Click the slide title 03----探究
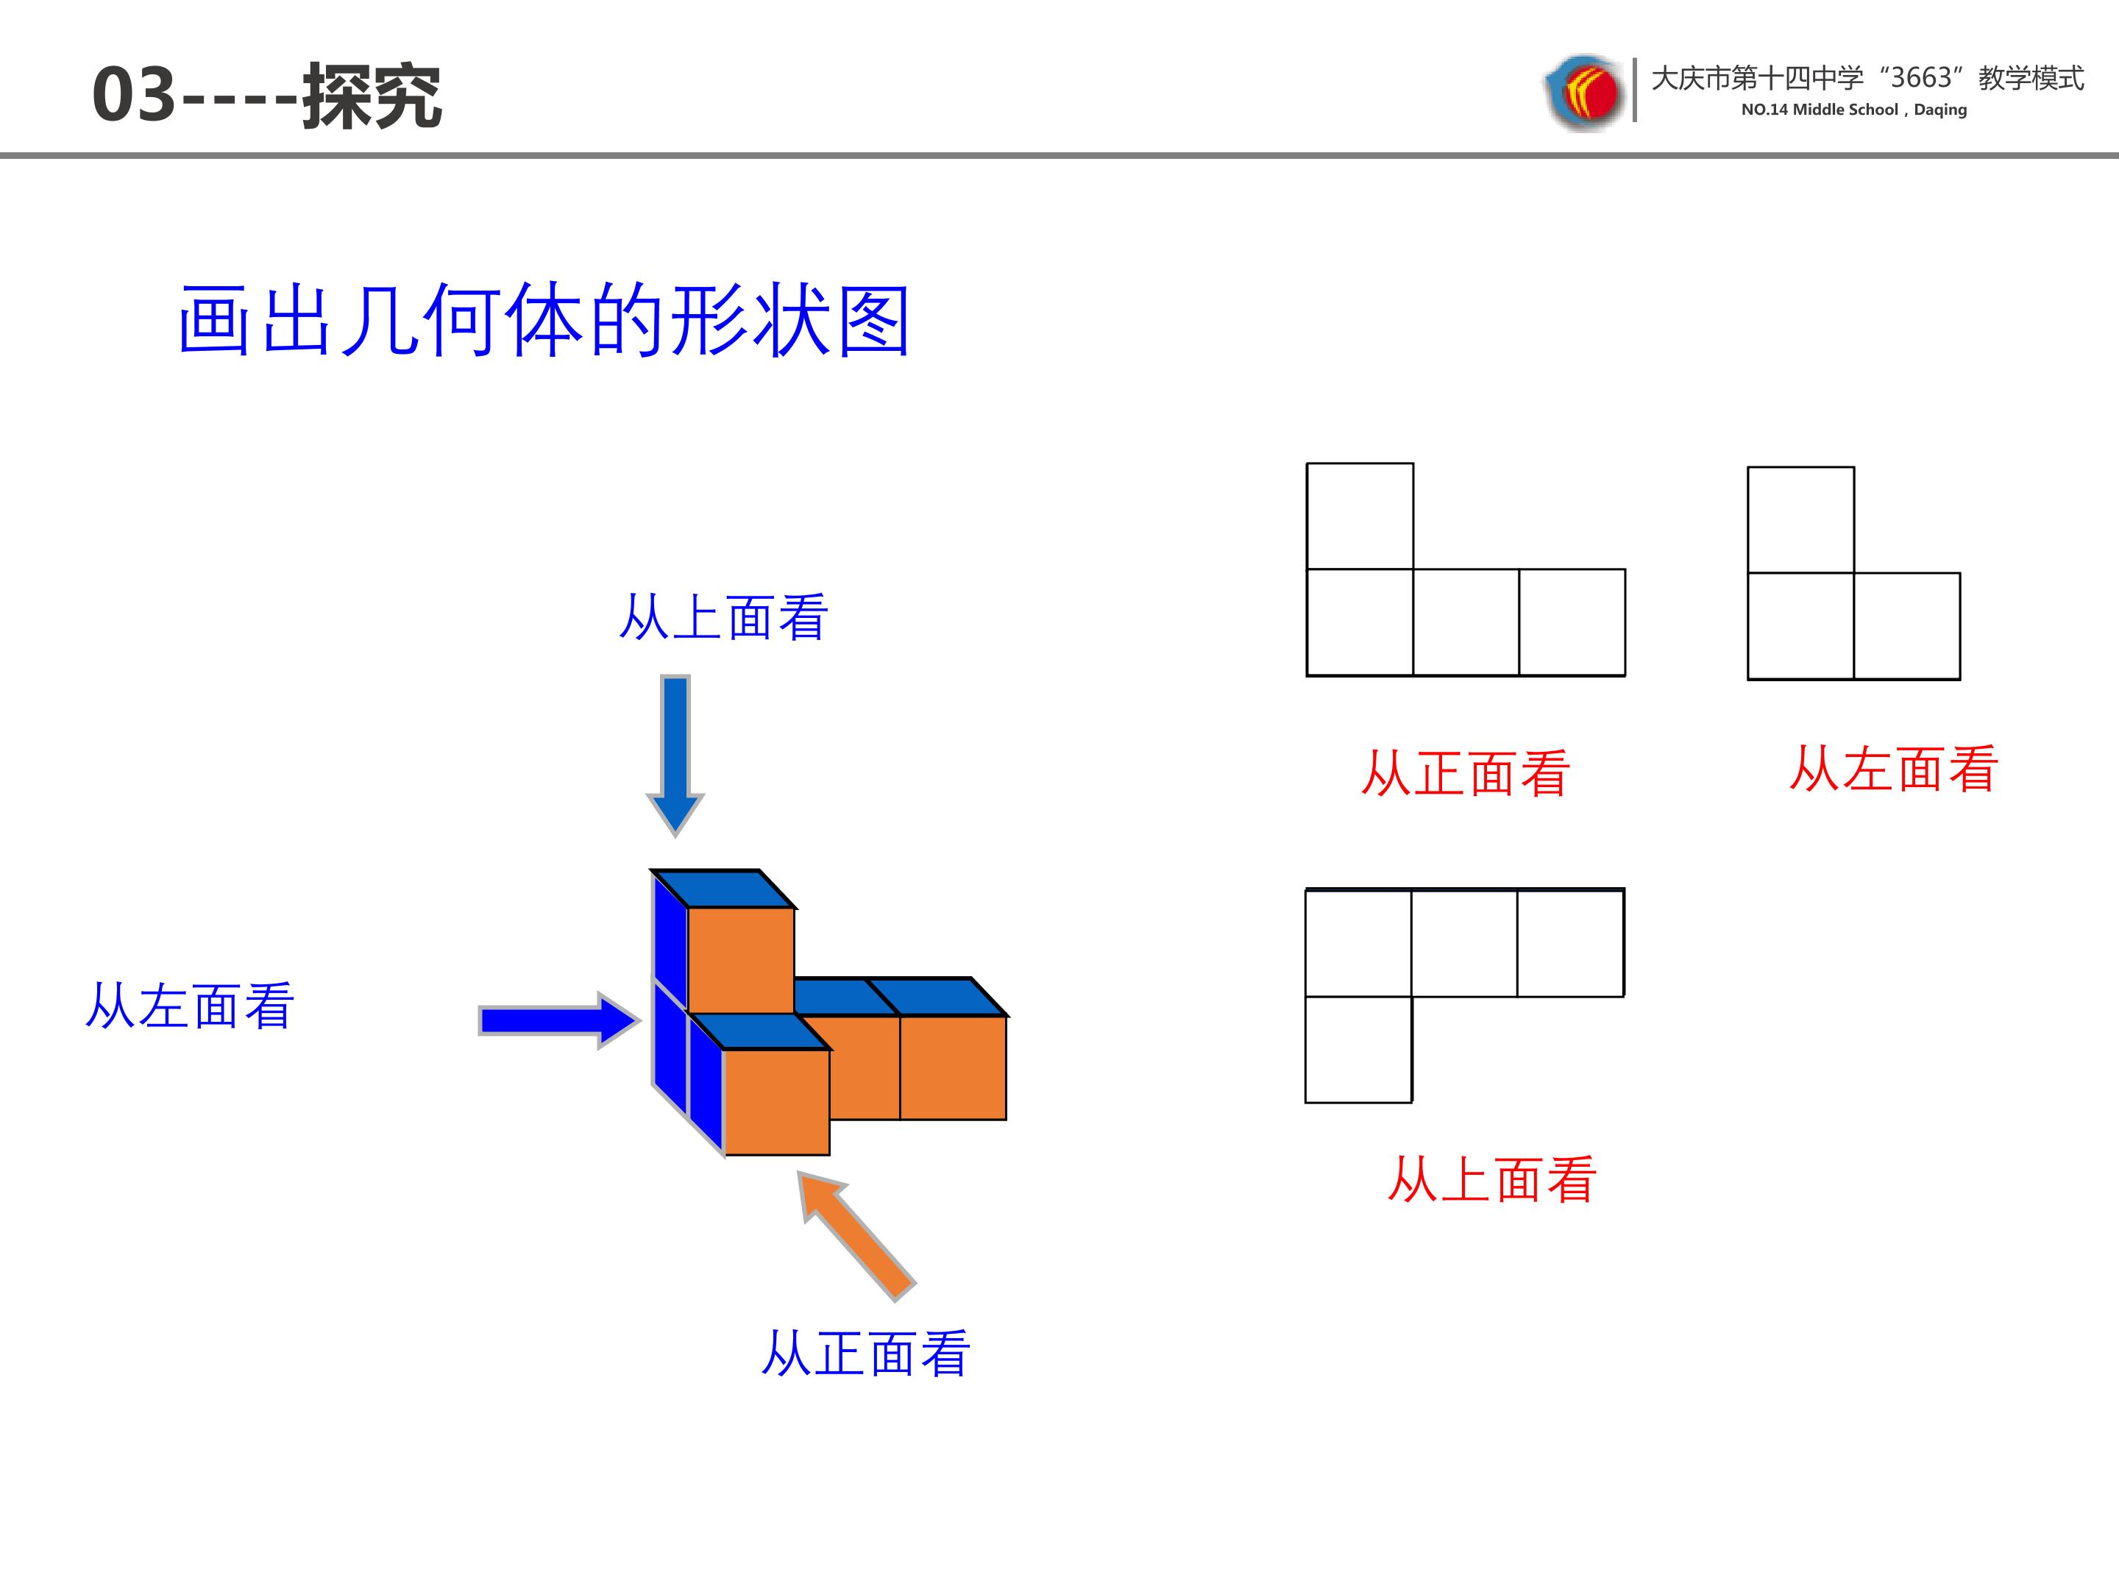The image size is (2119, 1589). coord(267,96)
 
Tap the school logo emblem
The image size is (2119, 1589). coord(1584,92)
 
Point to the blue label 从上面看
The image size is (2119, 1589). coord(723,616)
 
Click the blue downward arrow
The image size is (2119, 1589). coord(675,756)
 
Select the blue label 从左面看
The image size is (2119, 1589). coord(190,1006)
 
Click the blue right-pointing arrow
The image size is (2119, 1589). coord(559,1020)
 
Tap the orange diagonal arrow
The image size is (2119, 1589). coord(857,1237)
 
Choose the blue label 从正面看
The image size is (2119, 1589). coord(866,1354)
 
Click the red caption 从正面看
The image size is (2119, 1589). coord(1466,773)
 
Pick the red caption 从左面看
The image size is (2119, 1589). coord(1894,769)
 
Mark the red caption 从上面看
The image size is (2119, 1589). coord(1492,1179)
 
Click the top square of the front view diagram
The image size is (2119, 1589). coord(1360,516)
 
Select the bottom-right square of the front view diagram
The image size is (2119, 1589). coord(1572,622)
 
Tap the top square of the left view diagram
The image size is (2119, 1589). coord(1801,520)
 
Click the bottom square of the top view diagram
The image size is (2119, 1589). coord(1358,1050)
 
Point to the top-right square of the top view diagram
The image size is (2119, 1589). coord(1571,943)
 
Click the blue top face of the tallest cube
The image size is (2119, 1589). coord(723,889)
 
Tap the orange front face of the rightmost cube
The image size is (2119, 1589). coord(953,1067)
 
